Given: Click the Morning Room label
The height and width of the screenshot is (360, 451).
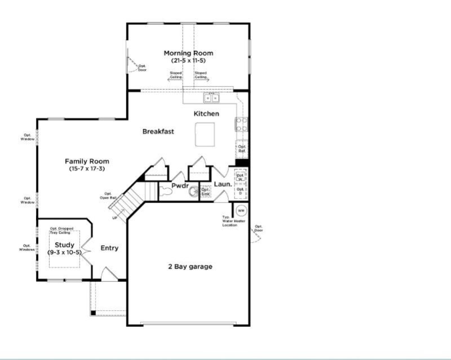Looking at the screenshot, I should point(188,54).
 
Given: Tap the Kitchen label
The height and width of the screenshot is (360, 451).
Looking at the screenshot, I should point(206,114).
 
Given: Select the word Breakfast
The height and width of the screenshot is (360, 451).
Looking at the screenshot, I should point(158,131).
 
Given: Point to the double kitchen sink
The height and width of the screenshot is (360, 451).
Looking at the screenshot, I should point(212,98).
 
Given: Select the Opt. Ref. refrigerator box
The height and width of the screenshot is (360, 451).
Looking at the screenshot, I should point(241,150).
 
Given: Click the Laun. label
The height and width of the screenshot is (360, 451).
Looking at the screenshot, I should point(223,185).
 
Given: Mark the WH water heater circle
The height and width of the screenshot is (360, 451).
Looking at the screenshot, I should point(241,211).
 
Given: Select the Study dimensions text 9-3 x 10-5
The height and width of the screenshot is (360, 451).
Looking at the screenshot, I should point(64,252).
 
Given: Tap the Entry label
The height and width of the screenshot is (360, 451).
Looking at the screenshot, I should point(109,248).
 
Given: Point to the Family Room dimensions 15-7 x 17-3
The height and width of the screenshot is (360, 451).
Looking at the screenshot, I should point(87,169).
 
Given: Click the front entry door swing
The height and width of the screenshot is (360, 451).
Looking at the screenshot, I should point(108,275).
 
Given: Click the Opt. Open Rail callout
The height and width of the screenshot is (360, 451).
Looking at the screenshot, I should point(109,196).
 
